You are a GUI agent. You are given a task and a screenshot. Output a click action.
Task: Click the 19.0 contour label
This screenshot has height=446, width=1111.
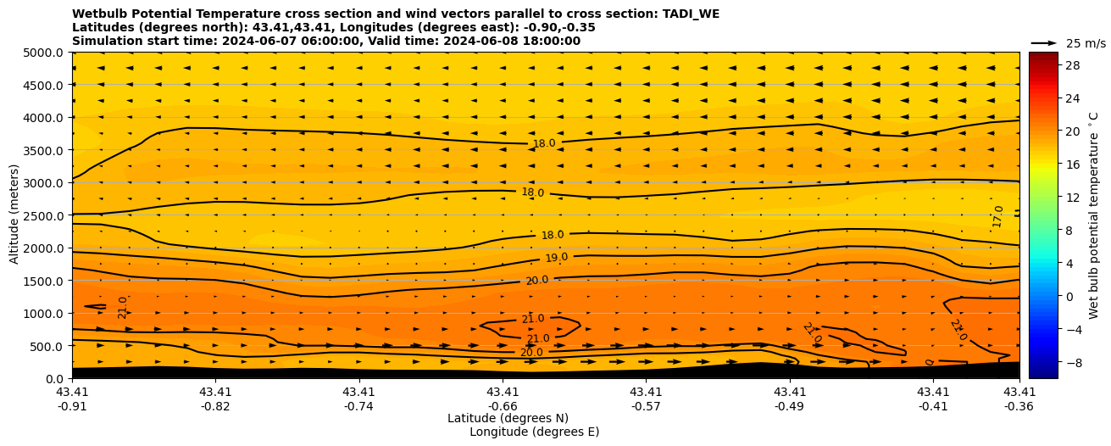(556, 258)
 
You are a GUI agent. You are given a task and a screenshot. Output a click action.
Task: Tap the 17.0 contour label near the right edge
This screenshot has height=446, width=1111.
(997, 216)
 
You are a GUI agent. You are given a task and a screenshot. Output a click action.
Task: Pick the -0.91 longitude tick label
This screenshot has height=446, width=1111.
(72, 406)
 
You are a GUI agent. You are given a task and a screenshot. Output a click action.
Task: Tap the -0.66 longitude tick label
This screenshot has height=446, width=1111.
(503, 406)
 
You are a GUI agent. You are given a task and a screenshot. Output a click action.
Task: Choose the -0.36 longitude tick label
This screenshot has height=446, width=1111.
(1019, 406)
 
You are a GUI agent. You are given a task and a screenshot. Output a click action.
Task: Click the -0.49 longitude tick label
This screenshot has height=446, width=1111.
(790, 406)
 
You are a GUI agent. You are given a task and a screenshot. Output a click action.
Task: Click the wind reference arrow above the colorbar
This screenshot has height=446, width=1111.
(1043, 42)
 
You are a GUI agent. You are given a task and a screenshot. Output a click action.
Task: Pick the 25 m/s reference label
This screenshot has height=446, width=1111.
(1086, 43)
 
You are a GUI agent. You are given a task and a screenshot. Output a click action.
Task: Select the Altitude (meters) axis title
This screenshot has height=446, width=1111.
(14, 215)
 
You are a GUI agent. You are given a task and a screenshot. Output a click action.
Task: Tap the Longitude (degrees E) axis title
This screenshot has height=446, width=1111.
(534, 432)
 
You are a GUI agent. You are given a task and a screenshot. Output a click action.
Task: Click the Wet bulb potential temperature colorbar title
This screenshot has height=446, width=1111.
(1094, 215)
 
